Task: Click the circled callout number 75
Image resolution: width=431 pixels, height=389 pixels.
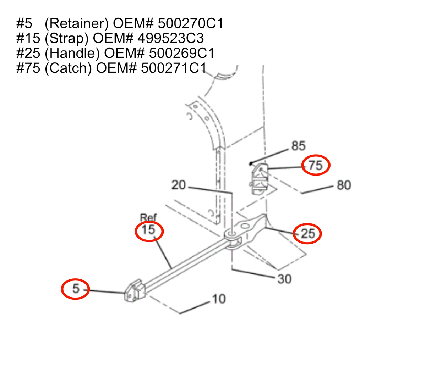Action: tap(316, 165)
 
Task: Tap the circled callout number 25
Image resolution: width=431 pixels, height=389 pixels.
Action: tap(308, 233)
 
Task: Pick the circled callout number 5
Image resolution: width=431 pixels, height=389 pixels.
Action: tap(76, 289)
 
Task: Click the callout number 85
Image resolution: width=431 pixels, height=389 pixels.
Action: tap(298, 146)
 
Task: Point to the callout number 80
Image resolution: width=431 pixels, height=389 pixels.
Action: tap(344, 185)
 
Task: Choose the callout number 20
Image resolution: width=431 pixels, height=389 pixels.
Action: tap(179, 185)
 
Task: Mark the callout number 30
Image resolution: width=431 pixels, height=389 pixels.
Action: tap(284, 279)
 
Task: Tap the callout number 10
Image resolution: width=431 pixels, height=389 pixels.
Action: tap(219, 299)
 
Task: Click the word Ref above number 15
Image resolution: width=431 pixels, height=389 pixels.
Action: tap(148, 217)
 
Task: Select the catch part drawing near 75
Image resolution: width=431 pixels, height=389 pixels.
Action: tap(259, 178)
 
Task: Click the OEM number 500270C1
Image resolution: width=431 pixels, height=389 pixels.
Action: tap(191, 23)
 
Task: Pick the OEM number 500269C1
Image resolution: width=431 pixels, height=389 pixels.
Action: tap(182, 53)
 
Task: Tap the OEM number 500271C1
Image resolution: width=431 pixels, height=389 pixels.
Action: tap(174, 68)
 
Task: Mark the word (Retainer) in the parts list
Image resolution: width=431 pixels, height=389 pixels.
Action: tap(77, 23)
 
